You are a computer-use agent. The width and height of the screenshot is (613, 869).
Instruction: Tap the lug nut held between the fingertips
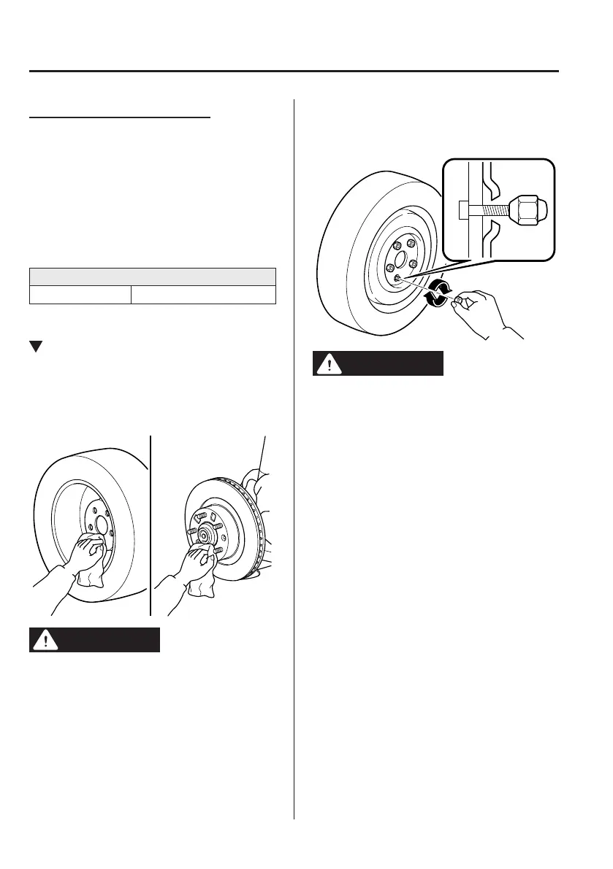click(459, 300)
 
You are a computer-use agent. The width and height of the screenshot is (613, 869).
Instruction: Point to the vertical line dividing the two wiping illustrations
click(151, 525)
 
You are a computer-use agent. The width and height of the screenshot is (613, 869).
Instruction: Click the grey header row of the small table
click(152, 277)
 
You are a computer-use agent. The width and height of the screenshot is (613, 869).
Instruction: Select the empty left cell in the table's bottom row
click(80, 294)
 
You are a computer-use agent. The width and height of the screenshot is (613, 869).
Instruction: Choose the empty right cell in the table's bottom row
click(202, 294)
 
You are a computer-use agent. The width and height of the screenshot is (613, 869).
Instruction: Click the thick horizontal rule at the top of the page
click(292, 72)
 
